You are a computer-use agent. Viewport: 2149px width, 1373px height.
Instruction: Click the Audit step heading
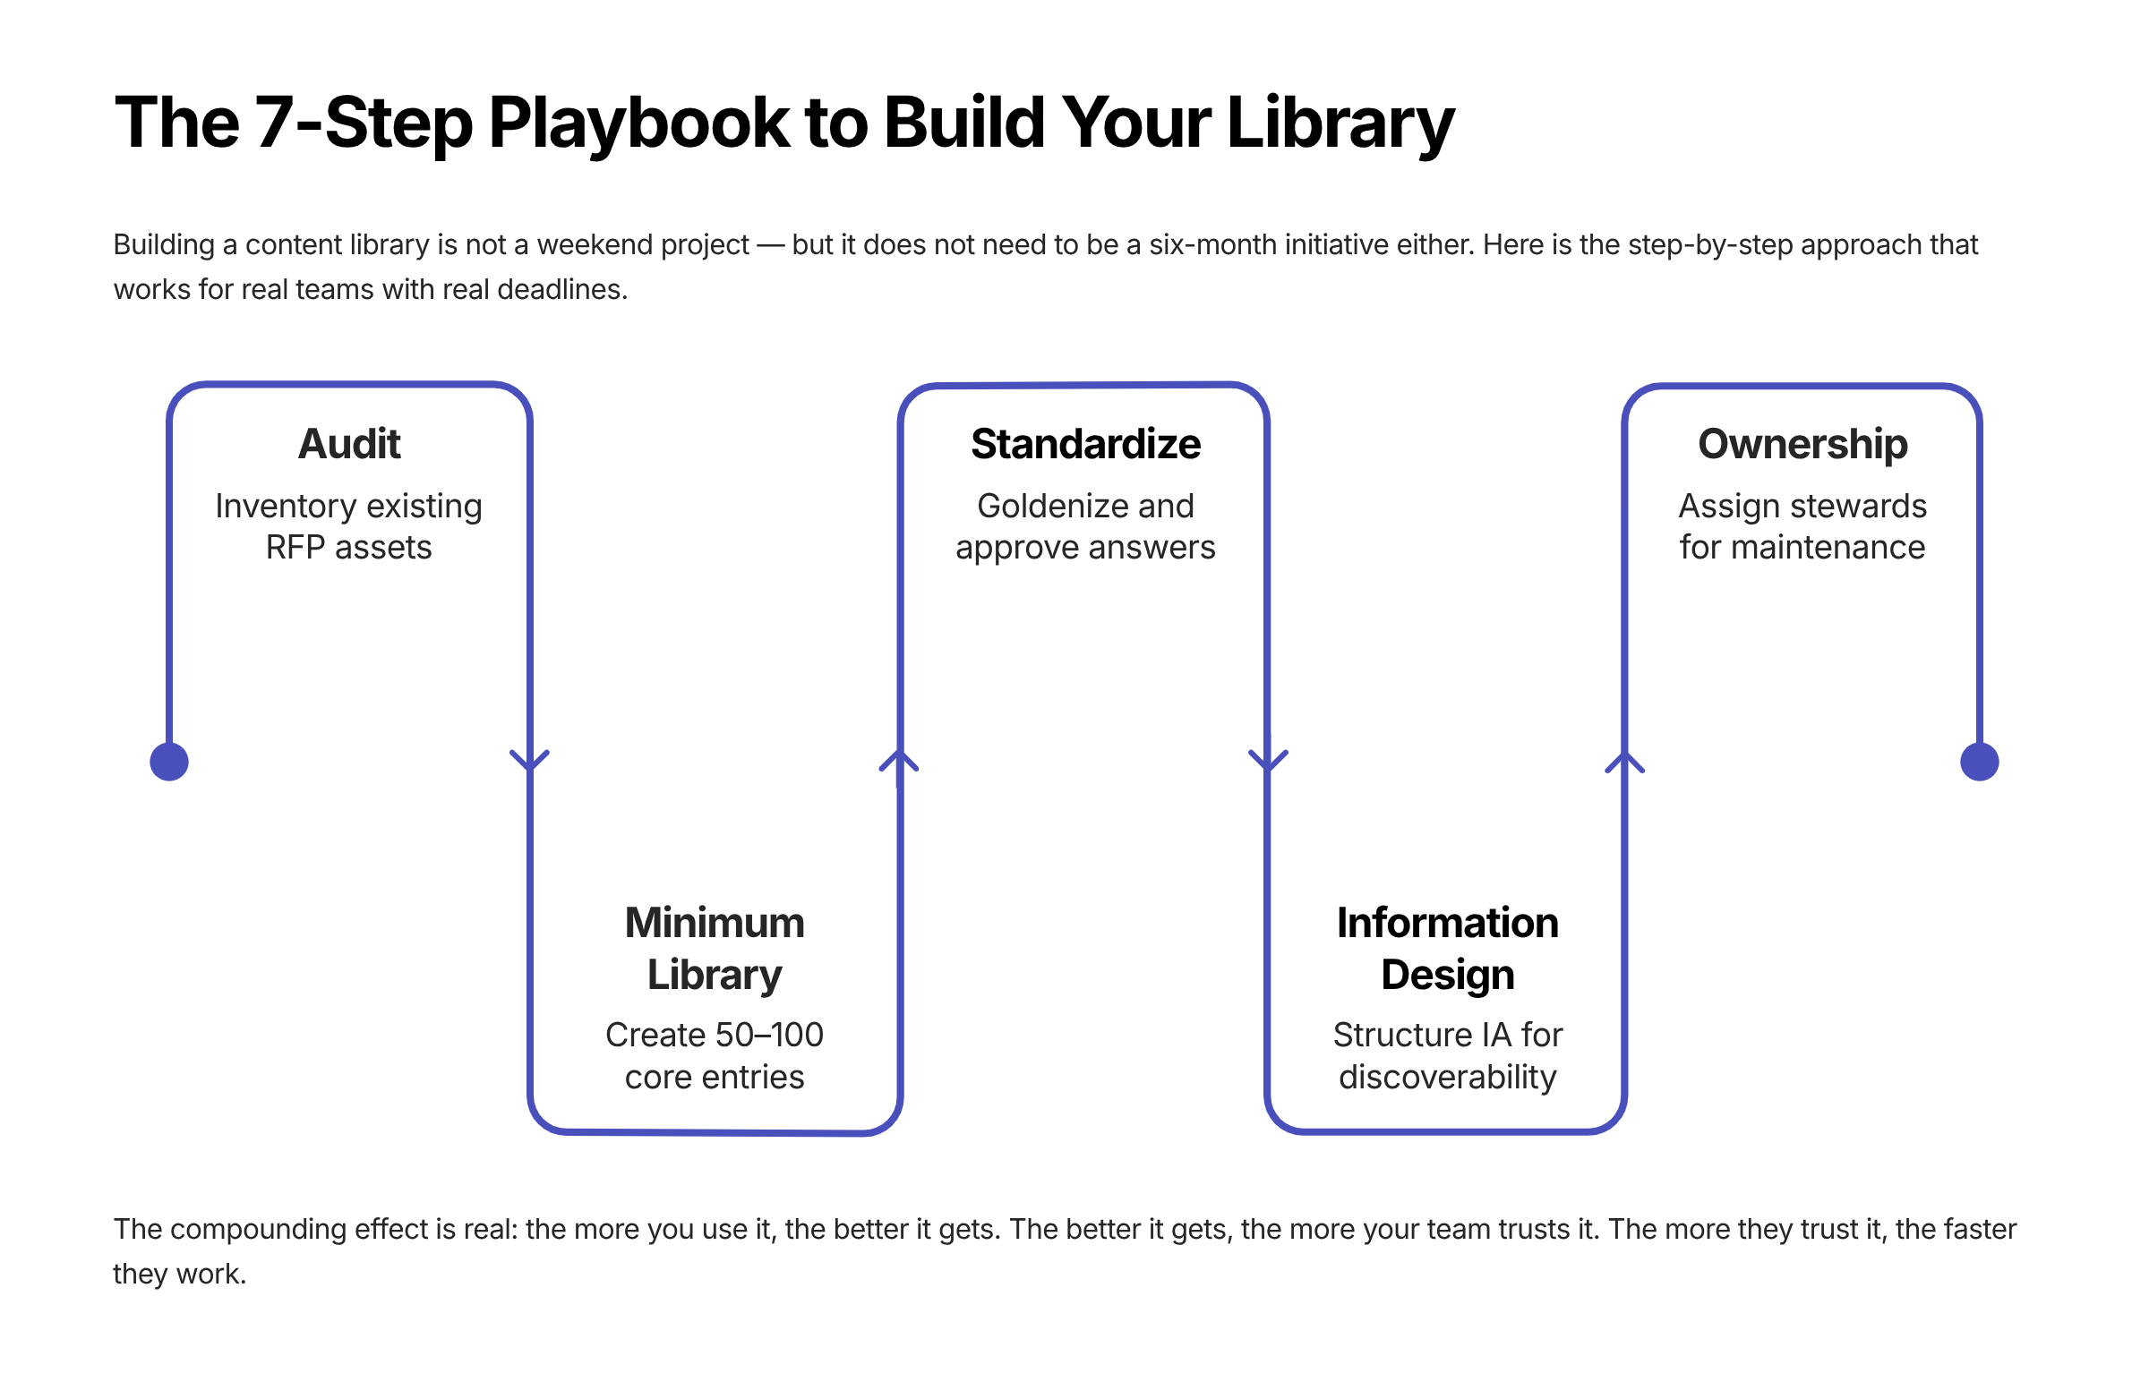(349, 444)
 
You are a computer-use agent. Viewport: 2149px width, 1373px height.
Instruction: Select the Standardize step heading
(1085, 444)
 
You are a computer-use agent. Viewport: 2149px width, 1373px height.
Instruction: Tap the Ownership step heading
(1802, 444)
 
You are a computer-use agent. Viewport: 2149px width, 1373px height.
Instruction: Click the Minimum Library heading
(715, 948)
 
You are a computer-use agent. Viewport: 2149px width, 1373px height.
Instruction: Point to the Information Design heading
(1447, 948)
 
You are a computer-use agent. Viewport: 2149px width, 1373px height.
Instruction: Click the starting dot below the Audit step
(169, 762)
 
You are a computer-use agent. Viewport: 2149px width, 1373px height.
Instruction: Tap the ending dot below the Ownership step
(1979, 762)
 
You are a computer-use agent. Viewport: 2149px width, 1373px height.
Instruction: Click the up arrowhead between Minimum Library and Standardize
(899, 761)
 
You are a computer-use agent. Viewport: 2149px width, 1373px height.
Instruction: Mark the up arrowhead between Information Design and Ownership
(1624, 763)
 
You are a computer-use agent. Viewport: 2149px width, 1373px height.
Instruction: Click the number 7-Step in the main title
(364, 123)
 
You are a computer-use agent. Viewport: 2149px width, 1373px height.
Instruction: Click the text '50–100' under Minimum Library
(771, 1035)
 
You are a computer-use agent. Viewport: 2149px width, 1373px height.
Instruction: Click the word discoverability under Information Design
(1447, 1077)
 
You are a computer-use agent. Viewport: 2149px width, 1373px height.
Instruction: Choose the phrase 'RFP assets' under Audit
(349, 547)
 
